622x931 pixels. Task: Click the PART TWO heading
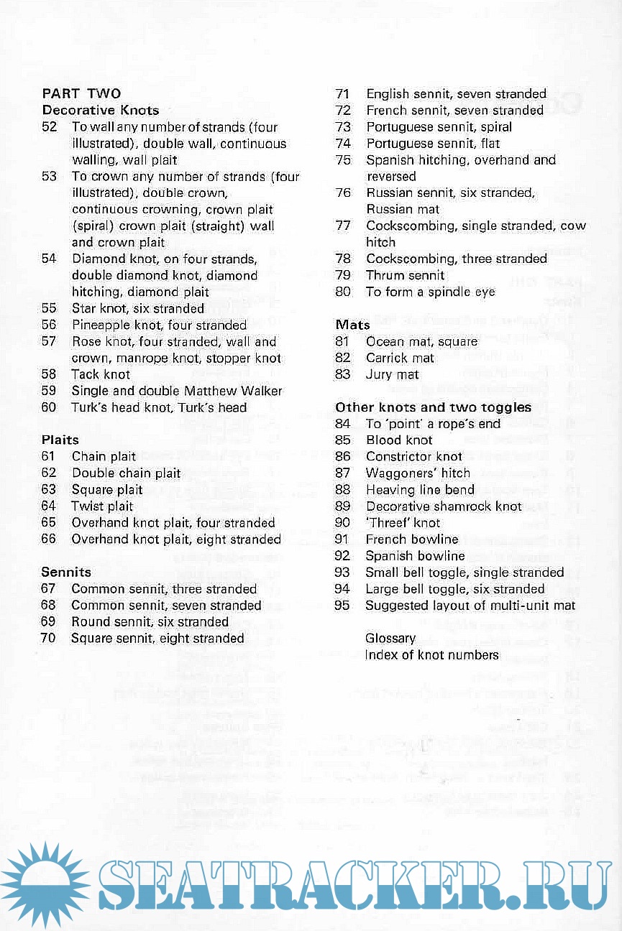(x=81, y=93)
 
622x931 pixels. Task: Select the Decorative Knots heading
(x=101, y=110)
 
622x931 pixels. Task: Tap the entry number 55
(x=49, y=308)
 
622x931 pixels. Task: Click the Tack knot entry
(x=101, y=374)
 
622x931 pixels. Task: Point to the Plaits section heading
(x=60, y=440)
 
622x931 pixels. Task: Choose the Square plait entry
(x=107, y=489)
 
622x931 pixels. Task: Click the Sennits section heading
(x=66, y=573)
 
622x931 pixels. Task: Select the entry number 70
(x=48, y=638)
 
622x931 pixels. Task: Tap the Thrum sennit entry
(x=405, y=275)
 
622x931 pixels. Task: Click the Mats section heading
(x=352, y=325)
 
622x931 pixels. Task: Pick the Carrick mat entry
(x=400, y=358)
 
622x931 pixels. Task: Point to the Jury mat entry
(x=393, y=374)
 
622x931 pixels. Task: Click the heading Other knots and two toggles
(x=433, y=407)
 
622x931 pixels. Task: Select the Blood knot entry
(x=399, y=440)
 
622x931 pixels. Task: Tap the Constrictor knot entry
(x=413, y=456)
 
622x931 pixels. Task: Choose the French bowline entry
(x=411, y=539)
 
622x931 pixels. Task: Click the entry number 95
(x=342, y=606)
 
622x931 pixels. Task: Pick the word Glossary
(x=390, y=638)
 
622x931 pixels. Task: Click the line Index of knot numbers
(x=431, y=654)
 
